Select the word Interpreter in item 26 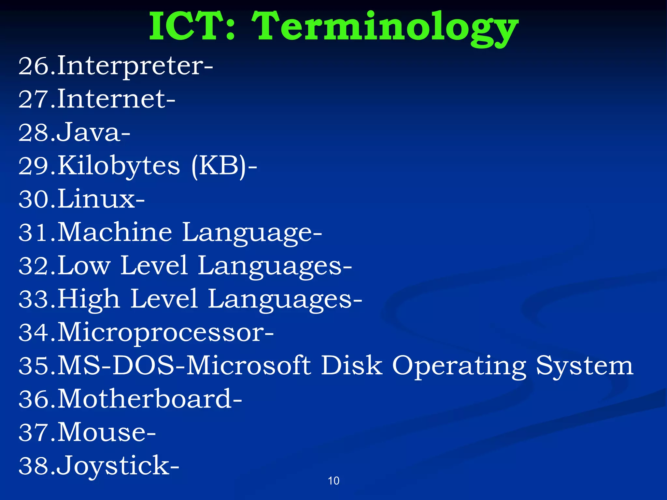[130, 67]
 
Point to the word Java [88, 133]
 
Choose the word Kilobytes [119, 166]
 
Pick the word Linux [96, 199]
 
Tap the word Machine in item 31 [115, 232]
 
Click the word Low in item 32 [84, 266]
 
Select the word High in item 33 [89, 299]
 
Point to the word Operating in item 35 [459, 367]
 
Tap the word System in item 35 [585, 367]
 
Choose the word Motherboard [145, 399]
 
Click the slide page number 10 [333, 481]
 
